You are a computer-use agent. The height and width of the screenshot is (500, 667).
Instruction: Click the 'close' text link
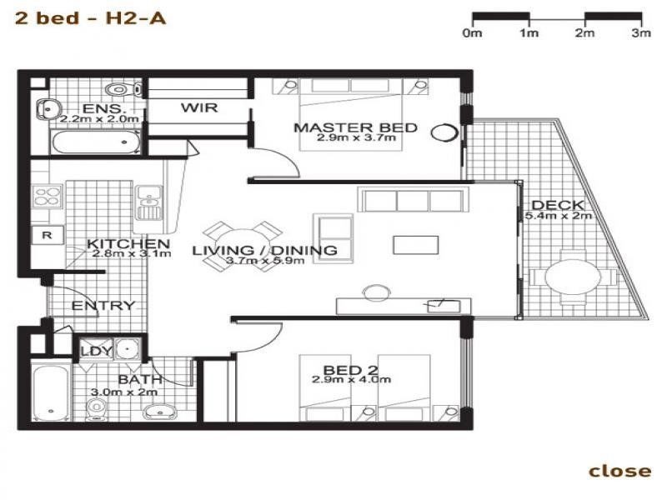pyautogui.click(x=619, y=471)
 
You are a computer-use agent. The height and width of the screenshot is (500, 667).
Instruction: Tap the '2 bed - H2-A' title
pyautogui.click(x=90, y=18)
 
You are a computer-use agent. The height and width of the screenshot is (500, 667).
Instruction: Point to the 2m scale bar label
pyautogui.click(x=585, y=32)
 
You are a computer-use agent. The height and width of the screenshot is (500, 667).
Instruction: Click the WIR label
pyautogui.click(x=199, y=107)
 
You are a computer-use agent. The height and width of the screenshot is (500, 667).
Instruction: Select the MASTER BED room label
pyautogui.click(x=356, y=127)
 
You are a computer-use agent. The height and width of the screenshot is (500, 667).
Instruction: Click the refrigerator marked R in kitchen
pyautogui.click(x=48, y=235)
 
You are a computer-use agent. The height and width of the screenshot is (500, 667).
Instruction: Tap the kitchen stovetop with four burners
pyautogui.click(x=48, y=197)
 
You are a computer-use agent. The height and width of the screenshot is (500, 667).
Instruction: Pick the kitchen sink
pyautogui.click(x=148, y=202)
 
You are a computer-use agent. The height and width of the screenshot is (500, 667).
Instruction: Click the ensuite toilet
pyautogui.click(x=123, y=90)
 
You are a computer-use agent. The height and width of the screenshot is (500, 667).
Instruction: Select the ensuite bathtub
pyautogui.click(x=96, y=142)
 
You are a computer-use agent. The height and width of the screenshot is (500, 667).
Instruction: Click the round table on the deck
pyautogui.click(x=573, y=277)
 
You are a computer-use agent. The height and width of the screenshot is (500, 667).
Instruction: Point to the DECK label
pyautogui.click(x=558, y=205)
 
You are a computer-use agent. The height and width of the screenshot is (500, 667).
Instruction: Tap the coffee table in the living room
pyautogui.click(x=415, y=245)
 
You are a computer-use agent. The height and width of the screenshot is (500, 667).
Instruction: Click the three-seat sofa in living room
pyautogui.click(x=414, y=199)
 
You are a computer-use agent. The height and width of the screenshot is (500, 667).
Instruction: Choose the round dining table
pyautogui.click(x=242, y=247)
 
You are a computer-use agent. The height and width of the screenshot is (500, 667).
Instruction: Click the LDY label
pyautogui.click(x=97, y=351)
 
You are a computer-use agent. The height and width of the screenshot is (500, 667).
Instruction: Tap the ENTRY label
pyautogui.click(x=103, y=306)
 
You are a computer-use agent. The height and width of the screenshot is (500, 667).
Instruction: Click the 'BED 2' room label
pyautogui.click(x=350, y=370)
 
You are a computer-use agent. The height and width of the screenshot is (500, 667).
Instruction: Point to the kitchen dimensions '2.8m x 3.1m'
pyautogui.click(x=132, y=254)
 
